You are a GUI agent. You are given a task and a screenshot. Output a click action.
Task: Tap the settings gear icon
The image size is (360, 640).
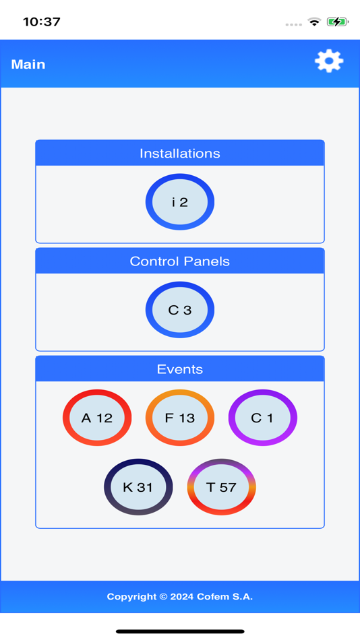coord(329,61)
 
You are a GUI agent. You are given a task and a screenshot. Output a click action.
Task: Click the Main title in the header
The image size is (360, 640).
coord(28,65)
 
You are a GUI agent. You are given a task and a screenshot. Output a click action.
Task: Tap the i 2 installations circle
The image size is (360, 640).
coord(180,202)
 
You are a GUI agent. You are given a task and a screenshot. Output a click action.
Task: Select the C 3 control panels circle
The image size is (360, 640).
coord(180,310)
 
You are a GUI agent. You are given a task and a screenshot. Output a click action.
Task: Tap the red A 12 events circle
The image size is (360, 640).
coord(97,418)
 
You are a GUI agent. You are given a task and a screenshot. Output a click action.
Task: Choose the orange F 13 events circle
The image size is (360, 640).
coord(180,418)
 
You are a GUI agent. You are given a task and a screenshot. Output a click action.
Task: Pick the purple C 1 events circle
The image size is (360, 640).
coord(262,418)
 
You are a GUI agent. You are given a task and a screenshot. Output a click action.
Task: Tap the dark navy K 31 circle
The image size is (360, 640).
coord(138,487)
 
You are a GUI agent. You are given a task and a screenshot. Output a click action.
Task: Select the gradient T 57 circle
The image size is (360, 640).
coord(221,487)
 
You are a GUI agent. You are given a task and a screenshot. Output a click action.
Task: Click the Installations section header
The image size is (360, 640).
coord(180,154)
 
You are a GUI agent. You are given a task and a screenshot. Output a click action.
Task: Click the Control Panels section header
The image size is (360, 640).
coord(180,261)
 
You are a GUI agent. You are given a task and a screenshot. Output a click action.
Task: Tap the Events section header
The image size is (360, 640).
coord(180,369)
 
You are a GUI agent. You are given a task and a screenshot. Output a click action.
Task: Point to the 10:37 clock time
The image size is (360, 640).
coord(42,22)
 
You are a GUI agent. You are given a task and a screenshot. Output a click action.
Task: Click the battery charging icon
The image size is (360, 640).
coord(337,22)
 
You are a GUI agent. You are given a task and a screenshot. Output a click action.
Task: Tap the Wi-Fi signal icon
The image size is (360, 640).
coord(314,22)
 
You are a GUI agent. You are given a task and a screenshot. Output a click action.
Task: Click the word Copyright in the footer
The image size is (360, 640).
coord(132,597)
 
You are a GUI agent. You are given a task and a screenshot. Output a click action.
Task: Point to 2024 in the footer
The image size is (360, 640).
coord(182,597)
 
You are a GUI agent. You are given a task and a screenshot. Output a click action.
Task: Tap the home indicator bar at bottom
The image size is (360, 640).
coord(180,631)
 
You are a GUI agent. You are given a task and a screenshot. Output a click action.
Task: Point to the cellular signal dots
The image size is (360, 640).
coord(293,24)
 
